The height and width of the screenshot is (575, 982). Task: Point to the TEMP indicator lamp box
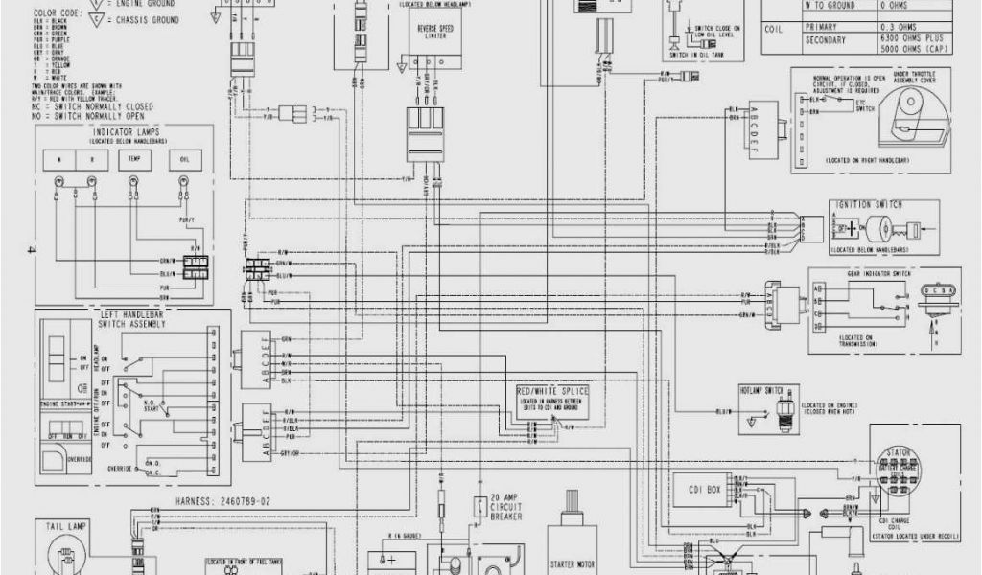(x=134, y=159)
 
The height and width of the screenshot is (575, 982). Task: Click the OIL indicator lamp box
(x=185, y=159)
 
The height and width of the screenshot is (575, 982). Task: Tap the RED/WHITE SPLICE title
(x=553, y=393)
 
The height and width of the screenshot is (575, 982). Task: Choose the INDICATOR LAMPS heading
(x=124, y=130)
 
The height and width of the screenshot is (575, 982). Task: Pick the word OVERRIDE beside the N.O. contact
(x=121, y=470)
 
